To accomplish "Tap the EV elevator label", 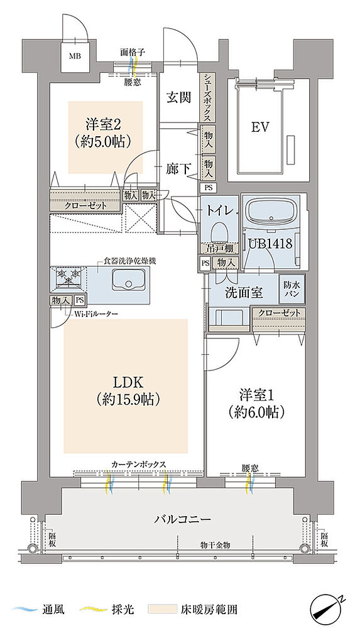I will coord(260,127).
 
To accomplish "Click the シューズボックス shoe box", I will coord(207,97).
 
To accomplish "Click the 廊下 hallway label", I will coord(178,168).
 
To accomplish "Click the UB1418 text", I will coord(270,243).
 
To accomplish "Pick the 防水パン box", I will coord(292,289).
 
